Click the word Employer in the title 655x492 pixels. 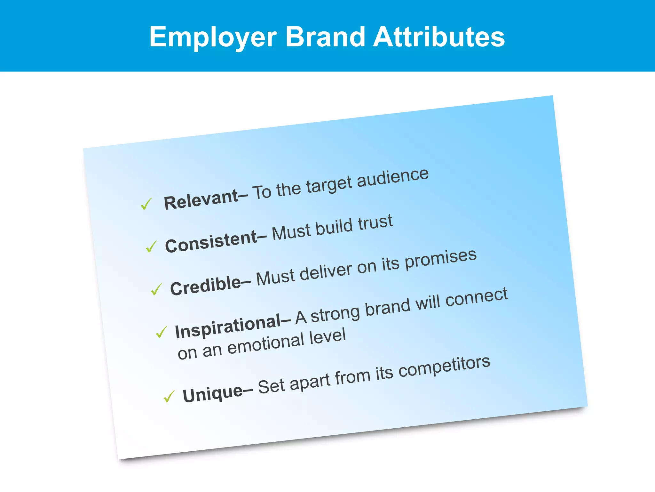click(213, 37)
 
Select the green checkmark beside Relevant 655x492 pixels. click(146, 204)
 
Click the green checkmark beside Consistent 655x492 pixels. click(151, 246)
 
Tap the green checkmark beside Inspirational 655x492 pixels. click(162, 332)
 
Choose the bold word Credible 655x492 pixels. click(206, 286)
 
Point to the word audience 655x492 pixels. click(392, 178)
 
